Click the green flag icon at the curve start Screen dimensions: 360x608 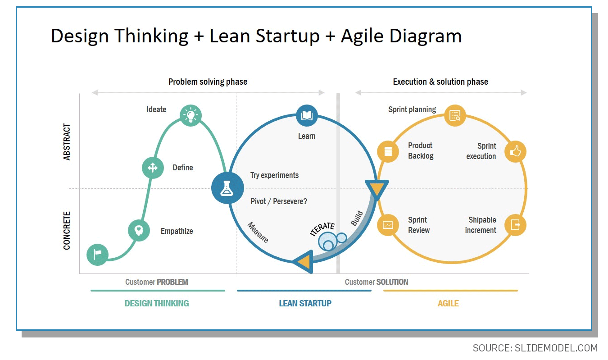(x=97, y=255)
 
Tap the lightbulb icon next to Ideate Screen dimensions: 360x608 (x=191, y=115)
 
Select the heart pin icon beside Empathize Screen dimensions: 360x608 (x=139, y=231)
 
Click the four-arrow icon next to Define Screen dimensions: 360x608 (x=153, y=168)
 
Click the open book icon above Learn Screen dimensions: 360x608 (x=307, y=115)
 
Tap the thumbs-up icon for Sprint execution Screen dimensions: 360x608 (x=515, y=152)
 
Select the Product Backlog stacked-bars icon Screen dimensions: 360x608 (x=388, y=151)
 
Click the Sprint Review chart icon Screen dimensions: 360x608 (x=388, y=225)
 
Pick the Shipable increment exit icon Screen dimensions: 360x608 (x=515, y=225)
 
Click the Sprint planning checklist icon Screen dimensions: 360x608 (x=455, y=115)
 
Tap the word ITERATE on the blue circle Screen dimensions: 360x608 (x=322, y=228)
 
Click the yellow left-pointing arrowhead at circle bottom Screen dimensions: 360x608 (x=303, y=261)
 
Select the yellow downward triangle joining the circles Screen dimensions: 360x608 (x=377, y=189)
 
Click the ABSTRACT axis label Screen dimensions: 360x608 (x=67, y=142)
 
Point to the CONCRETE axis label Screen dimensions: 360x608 (x=67, y=230)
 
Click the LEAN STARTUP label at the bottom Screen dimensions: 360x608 (x=305, y=303)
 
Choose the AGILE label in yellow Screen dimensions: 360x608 (x=448, y=303)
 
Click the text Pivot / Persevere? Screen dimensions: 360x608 (x=279, y=201)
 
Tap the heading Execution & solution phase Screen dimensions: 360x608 (x=440, y=82)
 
